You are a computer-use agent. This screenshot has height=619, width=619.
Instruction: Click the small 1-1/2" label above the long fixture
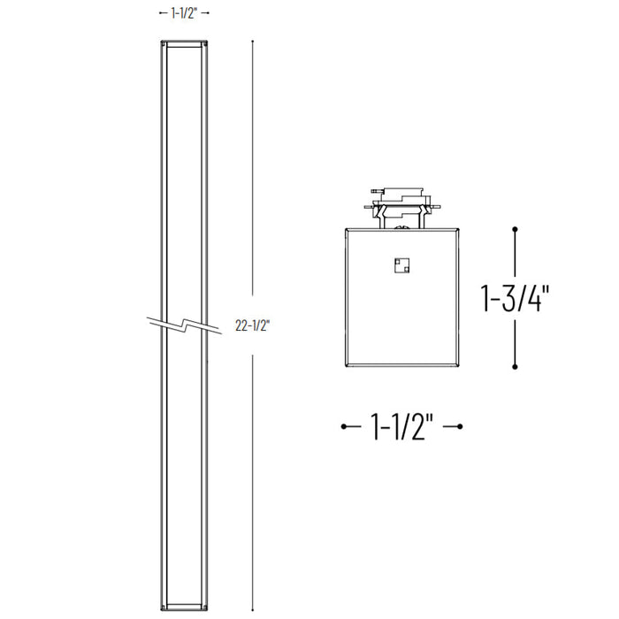coord(184,12)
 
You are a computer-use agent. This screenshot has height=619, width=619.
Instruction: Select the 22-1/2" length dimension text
coord(253,325)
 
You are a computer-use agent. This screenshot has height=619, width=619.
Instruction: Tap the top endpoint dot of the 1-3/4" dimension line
coord(516,229)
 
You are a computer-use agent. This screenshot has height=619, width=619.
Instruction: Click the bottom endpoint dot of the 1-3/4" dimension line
coord(516,366)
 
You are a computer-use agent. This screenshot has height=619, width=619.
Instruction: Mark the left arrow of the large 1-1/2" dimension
coord(348,428)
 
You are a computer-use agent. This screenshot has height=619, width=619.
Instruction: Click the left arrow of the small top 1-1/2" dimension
coord(162,12)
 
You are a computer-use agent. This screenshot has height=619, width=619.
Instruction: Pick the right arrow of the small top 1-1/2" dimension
coord(206,12)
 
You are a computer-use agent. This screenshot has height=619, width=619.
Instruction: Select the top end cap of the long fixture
coord(184,43)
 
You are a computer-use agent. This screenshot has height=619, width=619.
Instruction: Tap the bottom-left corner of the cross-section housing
coord(346,365)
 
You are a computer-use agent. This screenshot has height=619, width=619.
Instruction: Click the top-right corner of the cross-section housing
coord(458,228)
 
